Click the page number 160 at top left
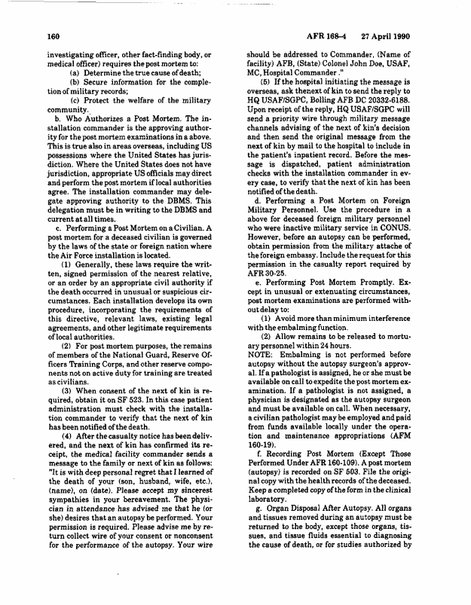click(x=54, y=35)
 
